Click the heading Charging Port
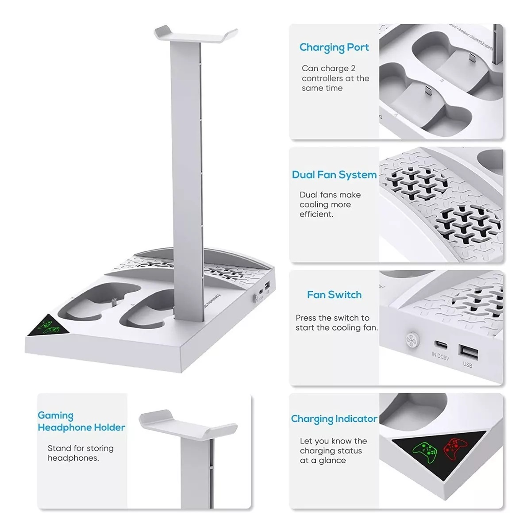pos(334,48)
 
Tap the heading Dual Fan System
pos(334,175)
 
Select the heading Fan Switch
pos(334,295)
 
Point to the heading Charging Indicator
pos(334,419)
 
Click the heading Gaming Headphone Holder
pos(81,421)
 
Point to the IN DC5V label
pos(440,356)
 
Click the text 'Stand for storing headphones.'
pos(81,453)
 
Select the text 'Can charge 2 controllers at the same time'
pos(335,78)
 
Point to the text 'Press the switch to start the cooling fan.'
pos(337,323)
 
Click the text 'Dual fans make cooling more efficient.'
pos(330,204)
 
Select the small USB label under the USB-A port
pos(467,365)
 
